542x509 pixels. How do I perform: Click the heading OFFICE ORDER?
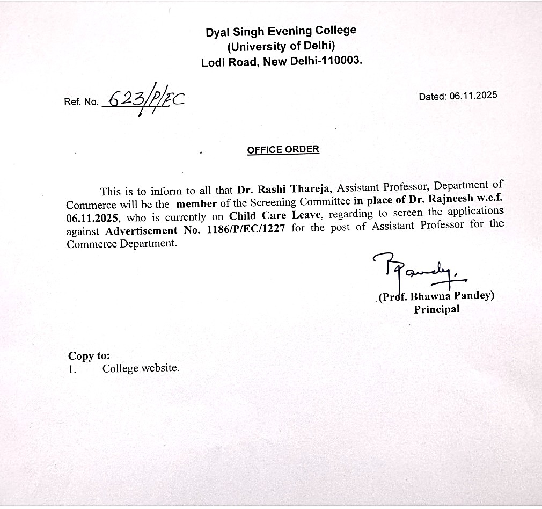pyautogui.click(x=283, y=150)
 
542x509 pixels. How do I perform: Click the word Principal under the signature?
pyautogui.click(x=436, y=309)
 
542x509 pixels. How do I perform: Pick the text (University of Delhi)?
pyautogui.click(x=281, y=46)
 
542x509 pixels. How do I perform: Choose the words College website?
pyautogui.click(x=141, y=368)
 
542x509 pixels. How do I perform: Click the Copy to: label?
pyautogui.click(x=89, y=355)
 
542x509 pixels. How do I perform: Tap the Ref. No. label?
pyautogui.click(x=81, y=102)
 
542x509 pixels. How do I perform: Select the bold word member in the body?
pyautogui.click(x=196, y=204)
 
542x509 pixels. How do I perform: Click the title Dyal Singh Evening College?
pyautogui.click(x=281, y=31)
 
